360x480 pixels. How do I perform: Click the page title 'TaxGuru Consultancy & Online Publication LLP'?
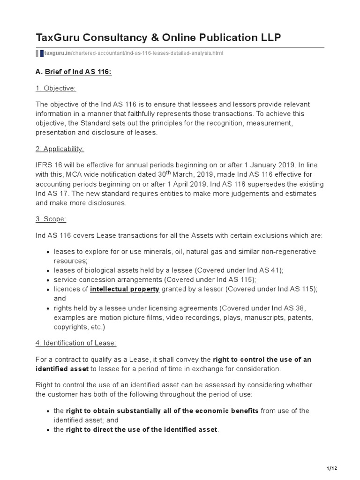(x=158, y=37)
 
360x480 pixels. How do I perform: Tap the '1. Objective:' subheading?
(x=56, y=88)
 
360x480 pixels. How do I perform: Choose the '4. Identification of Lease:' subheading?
(x=75, y=343)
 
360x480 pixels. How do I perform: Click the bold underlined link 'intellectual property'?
(x=125, y=289)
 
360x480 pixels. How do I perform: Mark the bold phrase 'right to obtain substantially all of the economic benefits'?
(x=162, y=411)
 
